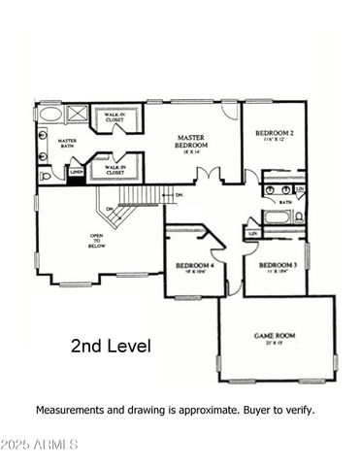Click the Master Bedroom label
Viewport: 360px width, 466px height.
coord(193,141)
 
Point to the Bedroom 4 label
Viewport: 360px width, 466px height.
coord(195,265)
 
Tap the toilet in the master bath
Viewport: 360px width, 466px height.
coord(45,176)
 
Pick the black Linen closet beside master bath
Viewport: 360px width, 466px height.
coord(75,174)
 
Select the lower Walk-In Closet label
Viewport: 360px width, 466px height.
coord(115,167)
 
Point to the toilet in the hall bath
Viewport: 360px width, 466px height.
coord(300,216)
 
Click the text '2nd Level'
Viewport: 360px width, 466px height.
coord(111,346)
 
